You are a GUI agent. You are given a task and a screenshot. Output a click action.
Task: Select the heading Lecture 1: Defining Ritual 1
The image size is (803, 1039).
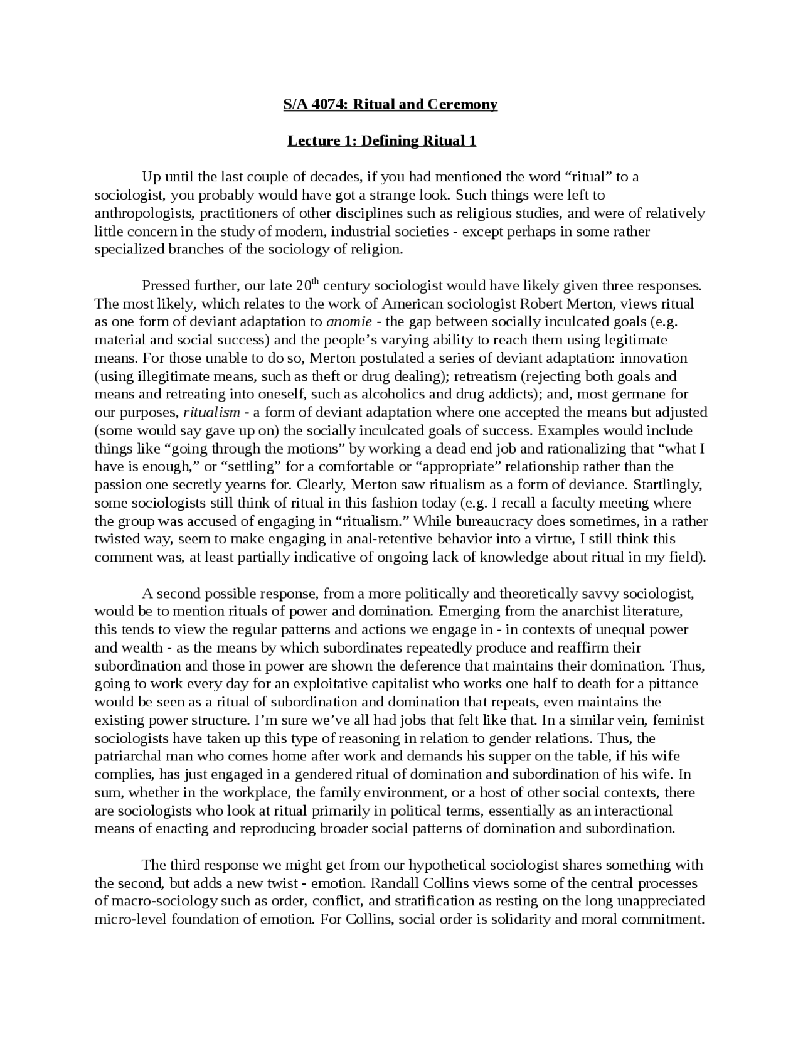tap(381, 141)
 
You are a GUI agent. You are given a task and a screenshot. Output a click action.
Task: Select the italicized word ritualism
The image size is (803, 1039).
tap(211, 413)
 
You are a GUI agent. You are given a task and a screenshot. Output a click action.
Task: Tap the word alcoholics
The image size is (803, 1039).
tap(398, 395)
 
